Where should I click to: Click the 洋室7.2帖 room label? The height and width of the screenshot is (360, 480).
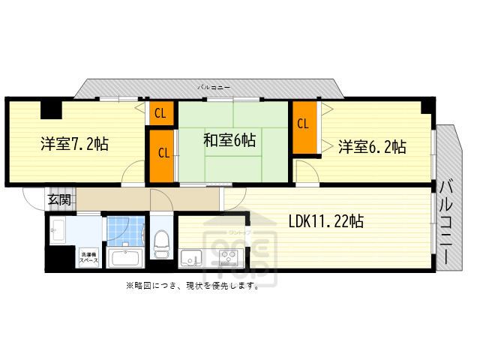pyautogui.click(x=73, y=143)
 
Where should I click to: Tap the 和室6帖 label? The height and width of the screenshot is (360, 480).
pyautogui.click(x=229, y=139)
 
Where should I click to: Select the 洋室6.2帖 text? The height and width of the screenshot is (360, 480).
pyautogui.click(x=371, y=145)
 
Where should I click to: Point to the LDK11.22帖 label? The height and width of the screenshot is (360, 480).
pyautogui.click(x=326, y=221)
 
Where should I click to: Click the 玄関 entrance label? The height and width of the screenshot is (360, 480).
pyautogui.click(x=60, y=199)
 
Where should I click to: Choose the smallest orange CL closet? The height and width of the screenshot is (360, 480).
pyautogui.click(x=160, y=113)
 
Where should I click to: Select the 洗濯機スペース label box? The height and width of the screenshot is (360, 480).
pyautogui.click(x=89, y=256)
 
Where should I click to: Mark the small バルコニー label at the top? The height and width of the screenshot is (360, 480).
pyautogui.click(x=209, y=88)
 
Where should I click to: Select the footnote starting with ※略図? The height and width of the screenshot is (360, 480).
pyautogui.click(x=193, y=286)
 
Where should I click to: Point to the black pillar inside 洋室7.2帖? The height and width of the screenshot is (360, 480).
pyautogui.click(x=51, y=110)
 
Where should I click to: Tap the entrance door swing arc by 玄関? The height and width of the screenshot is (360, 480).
pyautogui.click(x=34, y=199)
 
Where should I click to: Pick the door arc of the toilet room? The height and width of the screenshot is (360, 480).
pyautogui.click(x=160, y=199)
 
